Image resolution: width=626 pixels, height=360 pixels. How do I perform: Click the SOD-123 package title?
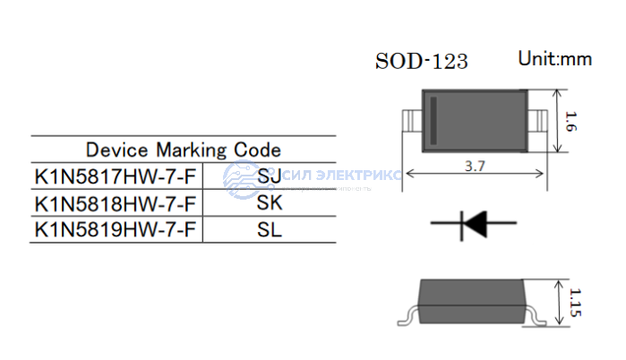click(x=421, y=62)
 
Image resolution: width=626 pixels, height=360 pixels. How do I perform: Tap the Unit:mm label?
click(x=554, y=59)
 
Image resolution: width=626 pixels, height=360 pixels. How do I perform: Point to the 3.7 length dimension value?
click(x=476, y=166)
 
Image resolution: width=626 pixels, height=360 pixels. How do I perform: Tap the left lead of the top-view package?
click(x=412, y=119)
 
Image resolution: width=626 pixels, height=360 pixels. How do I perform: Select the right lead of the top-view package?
click(x=540, y=119)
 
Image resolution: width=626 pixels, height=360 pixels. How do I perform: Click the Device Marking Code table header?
click(x=183, y=150)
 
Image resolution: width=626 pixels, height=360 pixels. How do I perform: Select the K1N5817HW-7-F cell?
click(x=115, y=176)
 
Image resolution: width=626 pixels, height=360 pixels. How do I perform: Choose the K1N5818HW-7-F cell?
click(x=115, y=202)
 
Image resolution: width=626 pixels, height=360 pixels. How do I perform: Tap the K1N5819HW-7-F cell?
click(x=115, y=229)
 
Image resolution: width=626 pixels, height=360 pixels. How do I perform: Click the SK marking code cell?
click(x=269, y=202)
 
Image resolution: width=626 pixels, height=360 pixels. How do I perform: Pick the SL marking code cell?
click(x=269, y=229)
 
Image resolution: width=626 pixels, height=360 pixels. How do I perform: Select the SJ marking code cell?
click(x=269, y=176)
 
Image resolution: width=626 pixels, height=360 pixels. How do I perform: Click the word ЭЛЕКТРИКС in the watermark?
click(x=356, y=176)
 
